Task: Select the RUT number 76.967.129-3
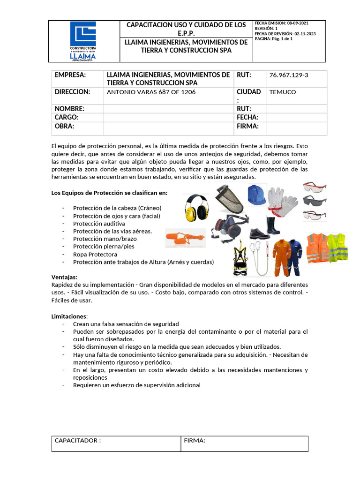(x=289, y=75)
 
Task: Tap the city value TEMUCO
(x=283, y=92)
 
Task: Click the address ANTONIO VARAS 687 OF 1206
(x=151, y=92)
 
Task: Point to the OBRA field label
(x=65, y=126)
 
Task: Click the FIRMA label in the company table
(x=247, y=126)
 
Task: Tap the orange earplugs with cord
(x=185, y=239)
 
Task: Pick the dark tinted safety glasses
(x=315, y=201)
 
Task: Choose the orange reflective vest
(x=317, y=247)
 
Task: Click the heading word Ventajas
(x=64, y=277)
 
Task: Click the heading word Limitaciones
(x=69, y=316)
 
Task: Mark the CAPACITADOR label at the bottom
(x=77, y=441)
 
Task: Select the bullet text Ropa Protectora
(x=95, y=255)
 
